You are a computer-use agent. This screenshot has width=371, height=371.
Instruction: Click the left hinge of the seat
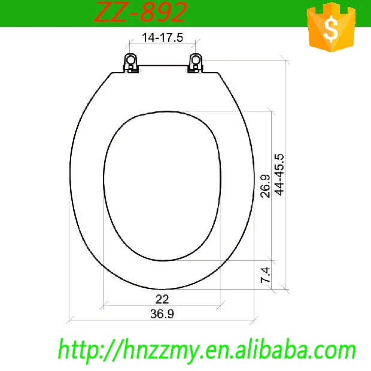(x=131, y=62)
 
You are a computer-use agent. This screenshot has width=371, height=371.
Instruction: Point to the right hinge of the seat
(x=196, y=62)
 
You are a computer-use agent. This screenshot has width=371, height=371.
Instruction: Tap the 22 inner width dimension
(x=162, y=299)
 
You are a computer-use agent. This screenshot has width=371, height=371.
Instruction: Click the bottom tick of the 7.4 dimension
(x=272, y=288)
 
